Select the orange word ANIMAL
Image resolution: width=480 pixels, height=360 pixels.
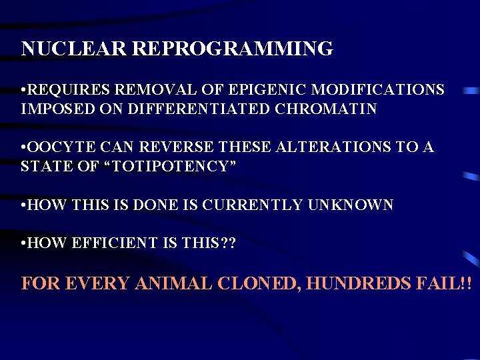coord(173,283)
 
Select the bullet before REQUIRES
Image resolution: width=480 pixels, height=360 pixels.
coord(23,90)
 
